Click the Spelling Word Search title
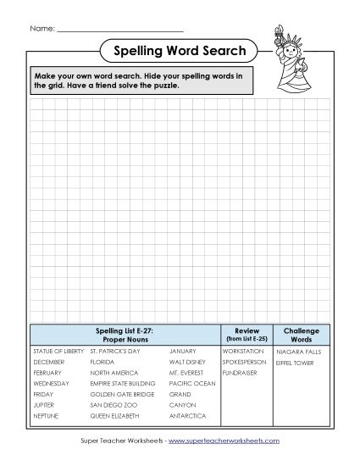point(180,52)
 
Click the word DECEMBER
point(47,362)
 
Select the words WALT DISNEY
point(188,362)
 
